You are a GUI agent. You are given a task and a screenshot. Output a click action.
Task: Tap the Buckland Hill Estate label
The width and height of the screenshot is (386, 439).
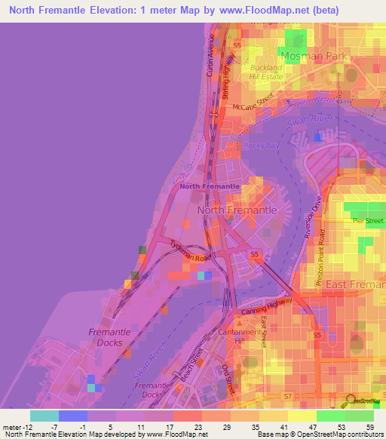point(265,72)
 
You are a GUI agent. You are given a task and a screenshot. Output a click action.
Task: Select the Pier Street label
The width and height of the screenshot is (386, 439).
point(369,220)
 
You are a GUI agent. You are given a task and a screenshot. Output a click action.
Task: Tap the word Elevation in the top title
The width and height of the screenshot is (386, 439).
point(124,11)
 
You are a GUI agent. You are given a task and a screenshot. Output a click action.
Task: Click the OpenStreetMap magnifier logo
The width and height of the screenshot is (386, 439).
point(350,401)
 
